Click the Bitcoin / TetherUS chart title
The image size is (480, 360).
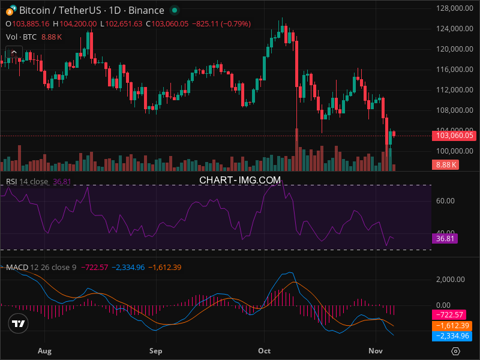(91, 10)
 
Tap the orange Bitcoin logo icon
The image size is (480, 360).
(10, 10)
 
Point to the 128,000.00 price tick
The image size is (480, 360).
(451, 8)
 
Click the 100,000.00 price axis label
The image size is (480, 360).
(451, 151)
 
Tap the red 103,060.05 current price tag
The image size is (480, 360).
(455, 136)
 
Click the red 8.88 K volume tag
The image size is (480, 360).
(447, 164)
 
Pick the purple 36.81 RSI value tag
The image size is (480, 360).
(445, 239)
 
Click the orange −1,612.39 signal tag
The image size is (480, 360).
(451, 326)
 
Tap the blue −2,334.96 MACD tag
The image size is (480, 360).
(451, 337)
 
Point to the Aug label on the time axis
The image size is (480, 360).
(44, 350)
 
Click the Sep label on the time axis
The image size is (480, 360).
(155, 350)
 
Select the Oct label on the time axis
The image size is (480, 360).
(264, 350)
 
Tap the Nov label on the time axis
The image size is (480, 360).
(376, 350)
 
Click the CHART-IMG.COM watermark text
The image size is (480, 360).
(240, 179)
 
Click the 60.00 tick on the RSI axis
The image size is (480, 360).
(445, 200)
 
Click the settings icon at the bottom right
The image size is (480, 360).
(456, 351)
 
